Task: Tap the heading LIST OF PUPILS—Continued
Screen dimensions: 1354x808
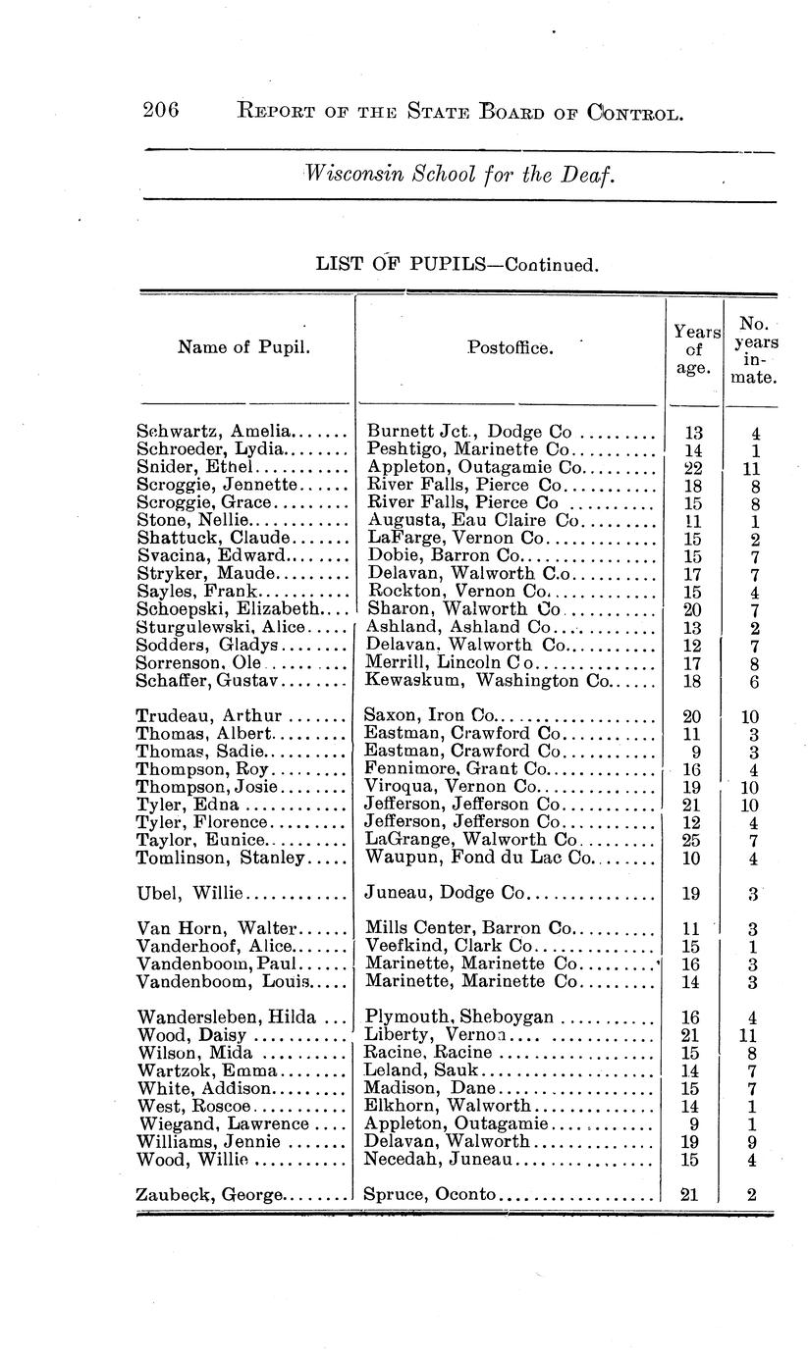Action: (x=456, y=264)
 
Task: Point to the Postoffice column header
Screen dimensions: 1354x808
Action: (x=510, y=346)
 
